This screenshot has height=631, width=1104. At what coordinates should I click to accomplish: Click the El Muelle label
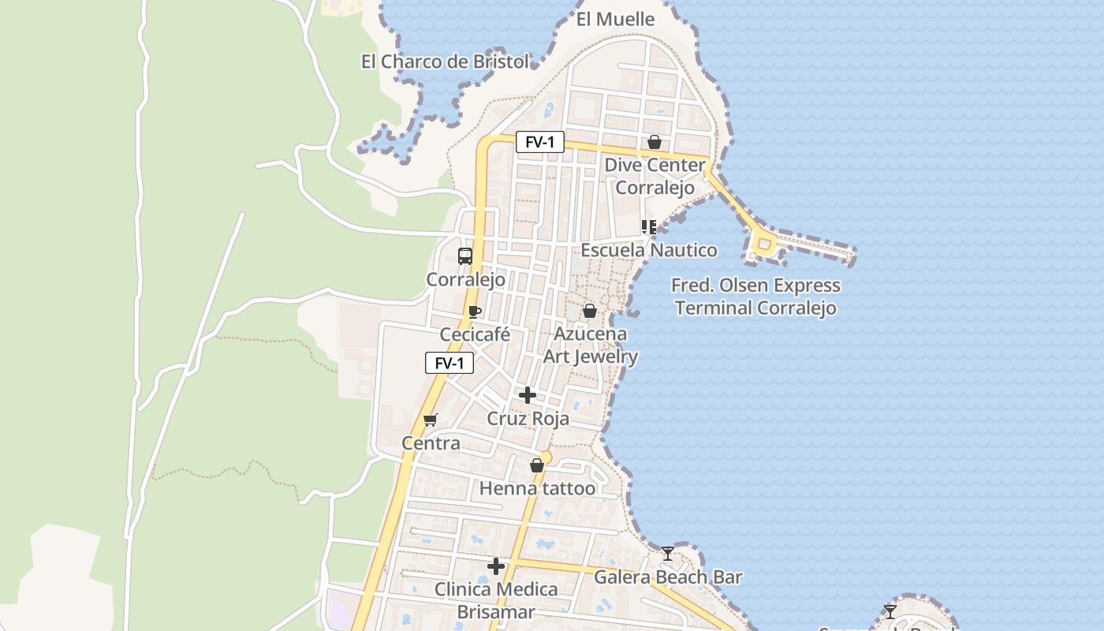coord(615,19)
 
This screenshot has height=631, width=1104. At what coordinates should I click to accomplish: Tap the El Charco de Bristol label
coord(445,62)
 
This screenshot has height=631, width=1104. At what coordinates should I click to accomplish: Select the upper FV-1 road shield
coord(540,142)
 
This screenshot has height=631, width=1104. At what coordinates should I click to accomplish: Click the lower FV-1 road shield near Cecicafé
coord(449,363)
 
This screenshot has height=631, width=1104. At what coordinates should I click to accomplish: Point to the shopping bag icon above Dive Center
coord(654,142)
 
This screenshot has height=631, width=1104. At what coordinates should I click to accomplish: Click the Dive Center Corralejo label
coord(655,177)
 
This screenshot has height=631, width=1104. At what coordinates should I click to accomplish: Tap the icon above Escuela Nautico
coord(649,227)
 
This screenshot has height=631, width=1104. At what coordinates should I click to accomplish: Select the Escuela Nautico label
coord(649,250)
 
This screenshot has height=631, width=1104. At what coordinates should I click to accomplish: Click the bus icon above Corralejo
coord(465,256)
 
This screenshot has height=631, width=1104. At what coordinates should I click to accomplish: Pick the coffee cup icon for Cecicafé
coord(474,312)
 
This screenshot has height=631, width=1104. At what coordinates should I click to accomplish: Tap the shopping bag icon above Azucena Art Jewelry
coord(589,311)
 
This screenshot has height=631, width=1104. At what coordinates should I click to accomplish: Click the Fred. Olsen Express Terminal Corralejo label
coord(755,297)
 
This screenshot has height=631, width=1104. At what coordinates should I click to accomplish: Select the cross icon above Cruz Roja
coord(528,395)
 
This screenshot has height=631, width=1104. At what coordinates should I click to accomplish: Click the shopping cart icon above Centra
coord(430,420)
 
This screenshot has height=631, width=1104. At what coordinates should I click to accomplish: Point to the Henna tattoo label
coord(538,488)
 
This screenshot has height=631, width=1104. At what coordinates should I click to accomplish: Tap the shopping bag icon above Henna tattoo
coord(537,465)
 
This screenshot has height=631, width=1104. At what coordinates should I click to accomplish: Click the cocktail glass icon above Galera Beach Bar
coord(668,553)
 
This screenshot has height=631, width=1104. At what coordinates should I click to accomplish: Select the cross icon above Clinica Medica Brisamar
coord(496,566)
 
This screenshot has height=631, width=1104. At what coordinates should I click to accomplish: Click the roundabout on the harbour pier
coord(763,246)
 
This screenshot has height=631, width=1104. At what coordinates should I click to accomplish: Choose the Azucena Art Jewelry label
coord(591,345)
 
